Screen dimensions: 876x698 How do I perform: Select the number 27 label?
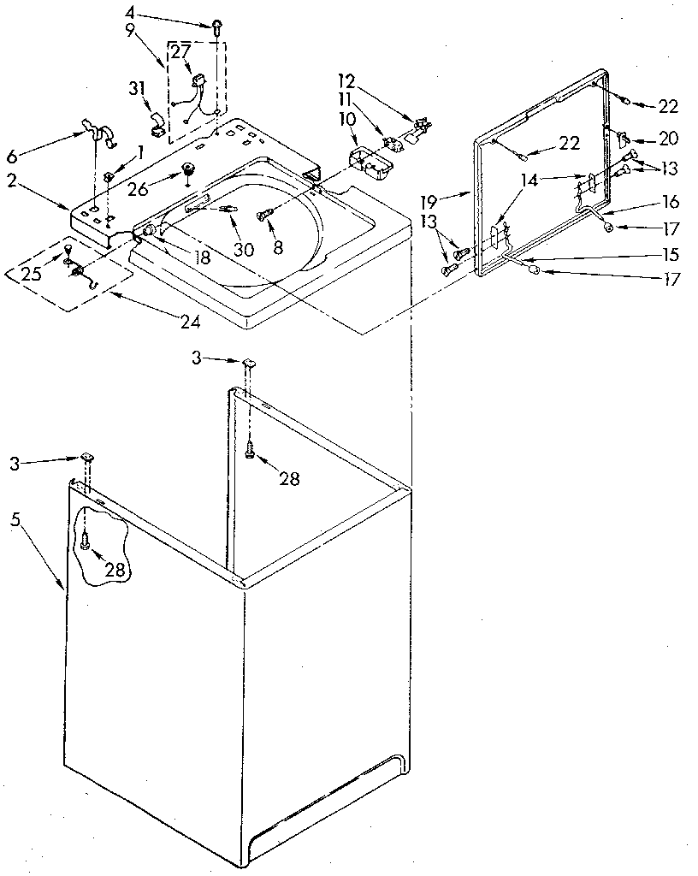(x=180, y=51)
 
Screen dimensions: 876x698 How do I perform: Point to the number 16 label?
(x=671, y=202)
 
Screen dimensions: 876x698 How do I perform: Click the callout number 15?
(x=671, y=254)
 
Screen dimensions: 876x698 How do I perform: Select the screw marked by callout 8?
(x=266, y=207)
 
